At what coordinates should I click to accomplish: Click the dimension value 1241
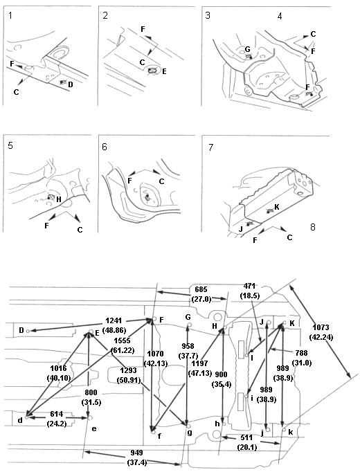click(114, 320)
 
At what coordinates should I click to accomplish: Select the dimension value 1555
click(122, 341)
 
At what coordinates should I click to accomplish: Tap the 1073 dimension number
click(321, 327)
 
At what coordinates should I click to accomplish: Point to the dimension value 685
click(201, 289)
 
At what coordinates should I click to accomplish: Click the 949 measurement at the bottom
click(136, 453)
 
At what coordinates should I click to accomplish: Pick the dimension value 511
click(246, 437)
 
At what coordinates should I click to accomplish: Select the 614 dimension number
click(56, 414)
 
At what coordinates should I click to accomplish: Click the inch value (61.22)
click(123, 350)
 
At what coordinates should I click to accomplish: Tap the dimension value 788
click(301, 353)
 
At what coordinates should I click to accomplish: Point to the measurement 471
click(249, 286)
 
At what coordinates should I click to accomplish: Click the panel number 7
click(210, 147)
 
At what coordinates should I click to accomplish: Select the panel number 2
click(105, 15)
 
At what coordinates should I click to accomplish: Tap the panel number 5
click(10, 146)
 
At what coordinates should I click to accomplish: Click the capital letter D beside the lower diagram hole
click(21, 331)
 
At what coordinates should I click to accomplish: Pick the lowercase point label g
click(190, 433)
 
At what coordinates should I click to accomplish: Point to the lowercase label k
click(291, 433)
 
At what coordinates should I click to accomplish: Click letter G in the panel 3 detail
click(247, 49)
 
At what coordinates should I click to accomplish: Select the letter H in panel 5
click(59, 199)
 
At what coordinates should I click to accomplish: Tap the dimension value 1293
click(129, 370)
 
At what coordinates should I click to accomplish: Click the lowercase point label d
click(20, 420)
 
